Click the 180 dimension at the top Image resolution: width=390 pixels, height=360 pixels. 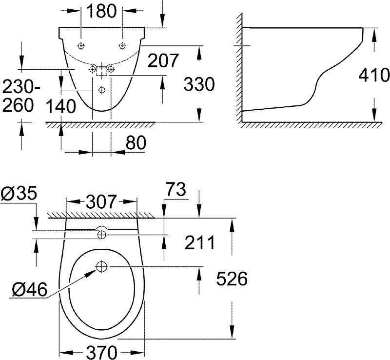[101, 11]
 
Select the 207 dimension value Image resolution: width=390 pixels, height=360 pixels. [163, 60]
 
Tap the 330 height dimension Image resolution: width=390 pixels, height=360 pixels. [199, 84]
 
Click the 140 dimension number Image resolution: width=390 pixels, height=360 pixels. [61, 106]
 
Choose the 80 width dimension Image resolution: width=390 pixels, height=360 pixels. [136, 143]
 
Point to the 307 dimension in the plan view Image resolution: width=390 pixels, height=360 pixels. [101, 201]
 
